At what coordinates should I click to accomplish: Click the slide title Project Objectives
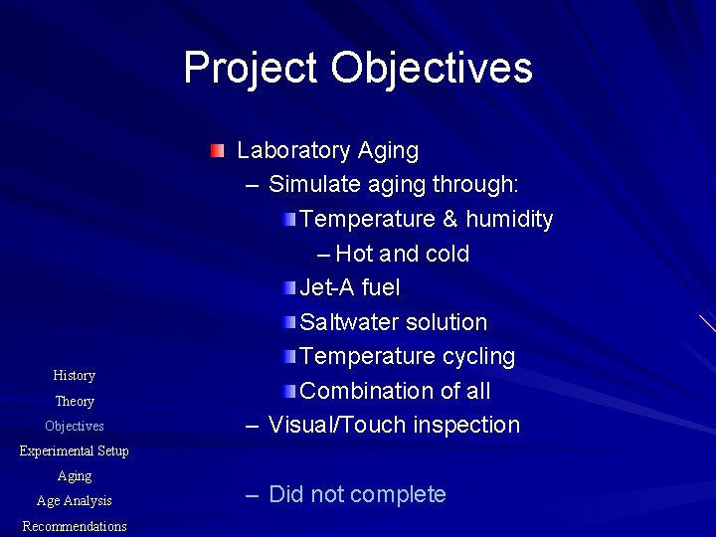click(x=358, y=68)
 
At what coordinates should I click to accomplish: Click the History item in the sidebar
click(x=75, y=375)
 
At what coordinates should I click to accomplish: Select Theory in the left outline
click(x=75, y=401)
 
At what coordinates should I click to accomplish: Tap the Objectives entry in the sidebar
click(x=75, y=426)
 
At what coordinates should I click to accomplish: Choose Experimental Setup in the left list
click(x=75, y=450)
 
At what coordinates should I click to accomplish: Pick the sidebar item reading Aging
click(x=75, y=476)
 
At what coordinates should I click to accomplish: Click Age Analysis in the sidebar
click(x=75, y=501)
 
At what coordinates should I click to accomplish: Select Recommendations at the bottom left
click(x=75, y=526)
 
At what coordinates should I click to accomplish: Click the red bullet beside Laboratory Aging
click(x=218, y=151)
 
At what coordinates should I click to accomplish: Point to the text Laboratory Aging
click(x=327, y=151)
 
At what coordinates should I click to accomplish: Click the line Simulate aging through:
click(x=394, y=185)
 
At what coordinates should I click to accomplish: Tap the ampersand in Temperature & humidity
click(x=451, y=219)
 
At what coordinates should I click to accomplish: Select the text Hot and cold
click(x=402, y=254)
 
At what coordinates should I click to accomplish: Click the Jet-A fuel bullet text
click(x=349, y=287)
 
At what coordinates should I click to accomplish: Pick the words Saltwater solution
click(x=393, y=322)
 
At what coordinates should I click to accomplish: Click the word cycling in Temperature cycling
click(x=475, y=356)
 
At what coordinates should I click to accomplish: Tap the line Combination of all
click(x=395, y=391)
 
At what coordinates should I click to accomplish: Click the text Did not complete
click(x=357, y=494)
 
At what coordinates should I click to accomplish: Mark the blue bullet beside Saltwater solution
click(x=287, y=321)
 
